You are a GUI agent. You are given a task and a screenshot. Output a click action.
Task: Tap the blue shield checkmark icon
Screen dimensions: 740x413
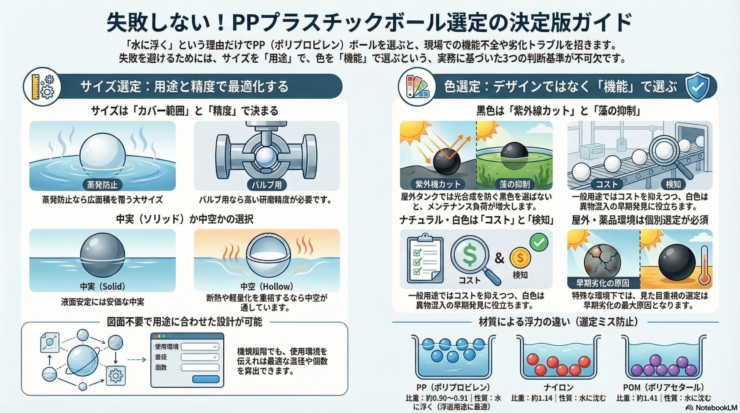click(698, 87)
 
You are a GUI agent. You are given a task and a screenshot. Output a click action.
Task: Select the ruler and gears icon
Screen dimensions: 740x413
click(43, 87)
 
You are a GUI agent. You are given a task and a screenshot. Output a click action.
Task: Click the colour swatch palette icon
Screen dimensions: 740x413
click(417, 87)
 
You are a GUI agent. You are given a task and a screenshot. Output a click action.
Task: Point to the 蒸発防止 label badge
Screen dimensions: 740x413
click(102, 185)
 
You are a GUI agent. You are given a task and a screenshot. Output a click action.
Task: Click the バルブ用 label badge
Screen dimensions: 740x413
click(267, 185)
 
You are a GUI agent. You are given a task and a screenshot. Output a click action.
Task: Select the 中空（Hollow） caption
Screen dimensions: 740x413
click(267, 286)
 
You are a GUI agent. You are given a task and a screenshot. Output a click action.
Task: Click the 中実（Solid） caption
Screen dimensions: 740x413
click(103, 286)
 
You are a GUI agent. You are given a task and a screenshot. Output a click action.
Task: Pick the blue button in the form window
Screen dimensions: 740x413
click(206, 379)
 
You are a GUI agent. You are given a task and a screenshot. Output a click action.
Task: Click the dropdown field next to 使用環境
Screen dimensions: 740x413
click(200, 347)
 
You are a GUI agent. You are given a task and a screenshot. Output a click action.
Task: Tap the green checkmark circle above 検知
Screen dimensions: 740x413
click(539, 242)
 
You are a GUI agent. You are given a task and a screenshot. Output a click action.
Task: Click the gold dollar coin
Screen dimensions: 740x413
click(520, 258)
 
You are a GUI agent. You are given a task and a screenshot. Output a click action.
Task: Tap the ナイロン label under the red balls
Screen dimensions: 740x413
click(558, 387)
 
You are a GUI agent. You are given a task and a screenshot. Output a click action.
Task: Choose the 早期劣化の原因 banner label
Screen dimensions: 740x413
click(602, 283)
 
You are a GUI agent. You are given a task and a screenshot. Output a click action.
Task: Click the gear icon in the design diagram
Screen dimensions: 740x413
click(116, 376)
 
